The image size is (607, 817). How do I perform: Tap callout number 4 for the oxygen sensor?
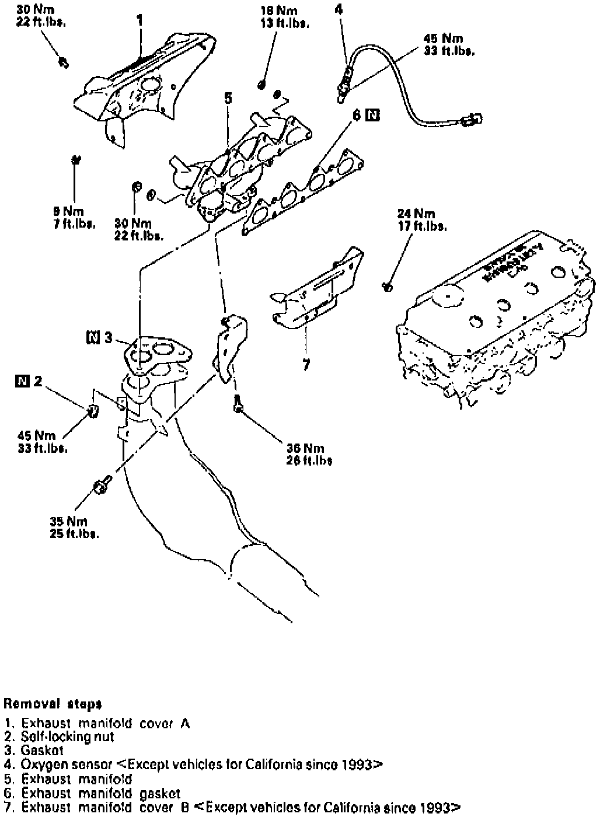[340, 9]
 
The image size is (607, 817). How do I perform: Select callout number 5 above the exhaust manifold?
[228, 98]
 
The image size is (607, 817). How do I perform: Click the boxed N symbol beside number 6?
[371, 116]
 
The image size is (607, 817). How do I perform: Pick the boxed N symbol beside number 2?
[23, 382]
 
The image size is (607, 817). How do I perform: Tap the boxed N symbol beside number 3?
[93, 337]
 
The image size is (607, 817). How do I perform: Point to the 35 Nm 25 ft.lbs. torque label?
[74, 527]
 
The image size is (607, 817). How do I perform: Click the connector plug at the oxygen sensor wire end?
[470, 121]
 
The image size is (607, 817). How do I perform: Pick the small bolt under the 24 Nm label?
[386, 286]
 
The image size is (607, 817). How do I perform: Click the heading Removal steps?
[44, 704]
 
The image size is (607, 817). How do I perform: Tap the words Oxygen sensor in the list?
[67, 764]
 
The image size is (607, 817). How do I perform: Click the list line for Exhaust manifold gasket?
[100, 794]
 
